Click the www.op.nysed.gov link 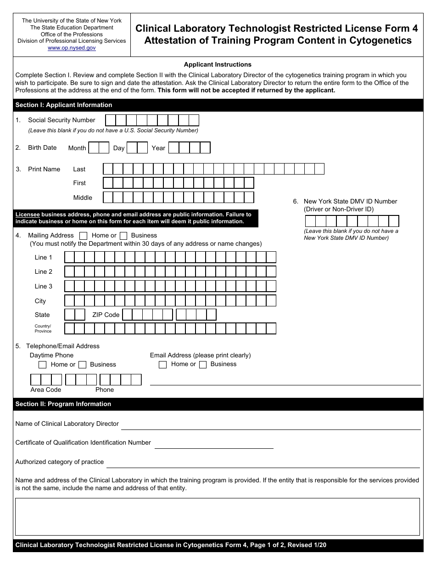click(x=72, y=48)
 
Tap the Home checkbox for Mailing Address click(x=84, y=236)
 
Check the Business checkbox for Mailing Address click(x=123, y=236)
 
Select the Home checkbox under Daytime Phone click(x=43, y=365)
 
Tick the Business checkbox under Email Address click(x=202, y=365)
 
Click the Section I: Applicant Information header click(x=64, y=105)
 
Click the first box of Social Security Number click(x=110, y=120)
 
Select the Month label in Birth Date click(x=77, y=148)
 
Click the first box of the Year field click(x=173, y=148)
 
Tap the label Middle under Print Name click(x=83, y=198)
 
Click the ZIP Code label click(x=106, y=315)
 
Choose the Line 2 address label click(x=44, y=271)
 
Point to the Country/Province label click(x=43, y=328)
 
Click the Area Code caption click(x=46, y=390)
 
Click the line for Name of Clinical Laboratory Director click(x=271, y=425)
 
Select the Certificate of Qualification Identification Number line click(x=214, y=444)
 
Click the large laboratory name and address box click(x=218, y=517)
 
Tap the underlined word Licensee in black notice click(x=28, y=215)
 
